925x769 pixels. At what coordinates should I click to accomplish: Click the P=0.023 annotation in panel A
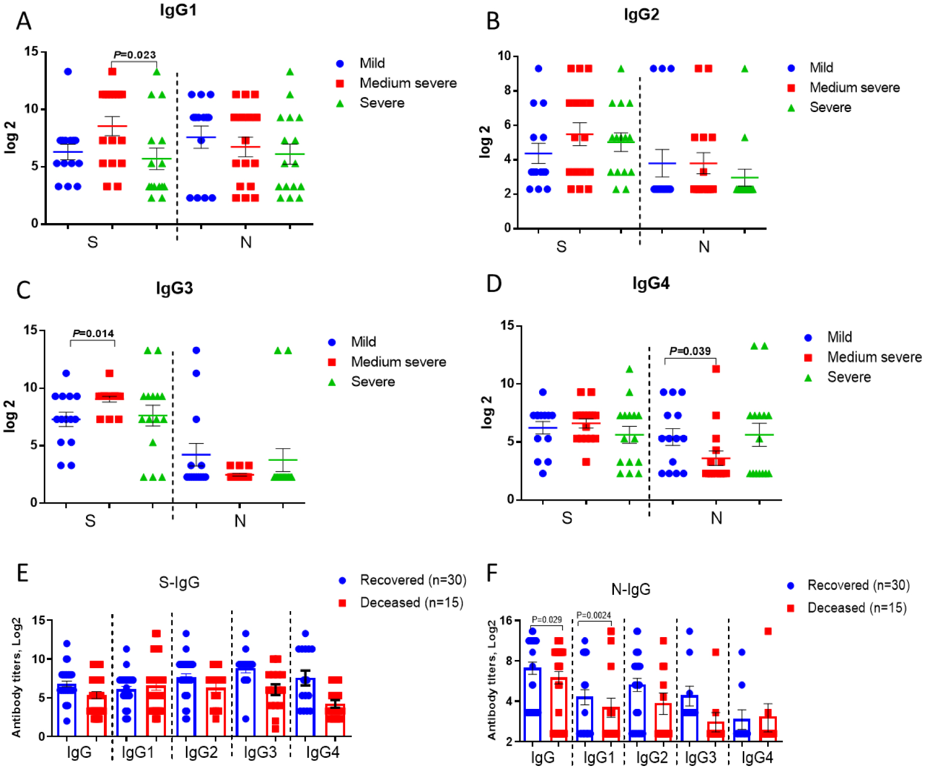134,55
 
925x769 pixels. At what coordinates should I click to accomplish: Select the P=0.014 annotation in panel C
93,334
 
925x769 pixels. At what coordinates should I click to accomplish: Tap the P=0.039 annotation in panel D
690,351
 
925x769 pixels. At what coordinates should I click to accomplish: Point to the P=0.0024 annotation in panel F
594,615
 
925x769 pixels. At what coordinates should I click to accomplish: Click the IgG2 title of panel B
641,14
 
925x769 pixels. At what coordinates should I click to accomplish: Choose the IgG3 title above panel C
175,288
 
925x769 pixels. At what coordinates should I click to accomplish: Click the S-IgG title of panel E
179,582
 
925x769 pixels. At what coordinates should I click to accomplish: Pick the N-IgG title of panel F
631,589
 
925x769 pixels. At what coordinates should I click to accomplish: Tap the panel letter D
494,284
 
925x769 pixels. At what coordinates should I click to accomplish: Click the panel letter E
22,573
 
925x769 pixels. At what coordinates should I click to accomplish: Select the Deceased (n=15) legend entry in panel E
411,602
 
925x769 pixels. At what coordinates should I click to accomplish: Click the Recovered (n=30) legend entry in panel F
858,585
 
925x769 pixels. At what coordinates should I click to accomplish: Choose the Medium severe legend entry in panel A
408,83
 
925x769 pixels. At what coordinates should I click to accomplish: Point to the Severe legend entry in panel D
849,377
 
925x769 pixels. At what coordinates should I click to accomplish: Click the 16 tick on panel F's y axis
506,620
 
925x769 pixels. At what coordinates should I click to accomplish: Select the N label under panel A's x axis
246,242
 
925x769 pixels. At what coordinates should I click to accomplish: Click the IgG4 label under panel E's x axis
323,752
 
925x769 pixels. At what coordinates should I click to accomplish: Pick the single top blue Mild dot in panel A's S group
68,72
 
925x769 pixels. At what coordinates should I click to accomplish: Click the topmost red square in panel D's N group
716,369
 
